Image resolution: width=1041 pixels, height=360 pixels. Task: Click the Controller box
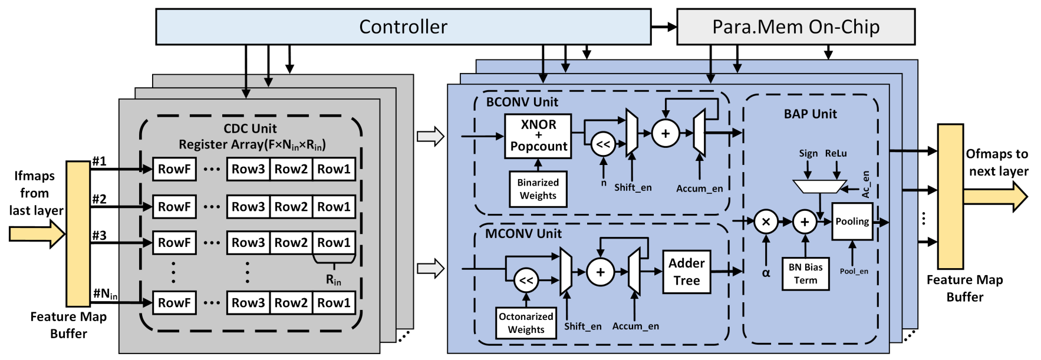click(403, 27)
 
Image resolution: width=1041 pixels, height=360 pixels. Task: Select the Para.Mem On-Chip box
click(795, 27)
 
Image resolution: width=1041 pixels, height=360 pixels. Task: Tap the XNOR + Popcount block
click(538, 136)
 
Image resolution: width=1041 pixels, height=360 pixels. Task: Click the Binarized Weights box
click(538, 189)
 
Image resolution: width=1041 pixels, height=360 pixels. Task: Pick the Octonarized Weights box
click(526, 323)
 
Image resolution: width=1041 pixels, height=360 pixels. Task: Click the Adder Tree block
click(687, 272)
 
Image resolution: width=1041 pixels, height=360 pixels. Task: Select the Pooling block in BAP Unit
click(852, 222)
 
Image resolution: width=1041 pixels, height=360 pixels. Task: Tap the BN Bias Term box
click(805, 274)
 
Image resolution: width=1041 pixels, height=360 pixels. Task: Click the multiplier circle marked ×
click(766, 222)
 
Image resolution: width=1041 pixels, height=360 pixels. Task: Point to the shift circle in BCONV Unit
click(603, 144)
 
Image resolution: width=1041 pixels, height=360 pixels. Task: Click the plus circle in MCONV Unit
click(600, 272)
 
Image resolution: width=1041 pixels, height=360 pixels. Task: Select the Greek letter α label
click(766, 273)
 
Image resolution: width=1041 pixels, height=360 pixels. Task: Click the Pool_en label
click(854, 272)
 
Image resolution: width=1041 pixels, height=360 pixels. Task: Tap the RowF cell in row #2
click(174, 207)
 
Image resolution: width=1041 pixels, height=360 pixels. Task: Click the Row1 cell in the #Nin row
click(334, 303)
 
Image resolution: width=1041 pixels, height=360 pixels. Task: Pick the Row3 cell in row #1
click(248, 169)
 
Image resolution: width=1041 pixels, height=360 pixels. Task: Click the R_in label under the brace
click(334, 280)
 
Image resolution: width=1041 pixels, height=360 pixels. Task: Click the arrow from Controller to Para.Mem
click(664, 27)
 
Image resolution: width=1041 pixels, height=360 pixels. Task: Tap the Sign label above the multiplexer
click(808, 154)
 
